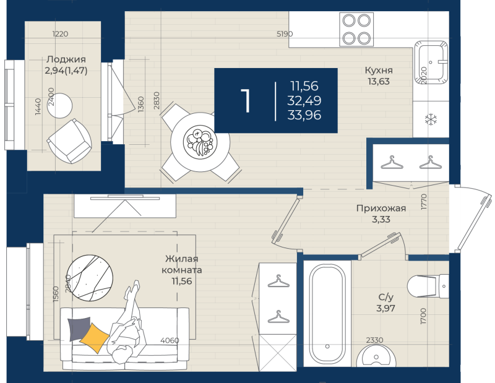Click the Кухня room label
click(x=379, y=75)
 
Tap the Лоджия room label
click(x=65, y=65)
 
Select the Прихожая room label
click(x=381, y=213)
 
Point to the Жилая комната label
click(x=181, y=270)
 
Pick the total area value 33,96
click(x=304, y=114)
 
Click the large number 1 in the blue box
click(x=246, y=101)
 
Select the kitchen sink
click(x=432, y=61)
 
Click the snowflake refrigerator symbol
click(x=430, y=119)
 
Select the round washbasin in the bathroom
click(x=377, y=359)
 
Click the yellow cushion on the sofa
click(x=95, y=338)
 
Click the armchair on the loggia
click(x=69, y=140)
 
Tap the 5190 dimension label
click(x=285, y=34)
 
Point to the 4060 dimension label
click(x=169, y=340)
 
